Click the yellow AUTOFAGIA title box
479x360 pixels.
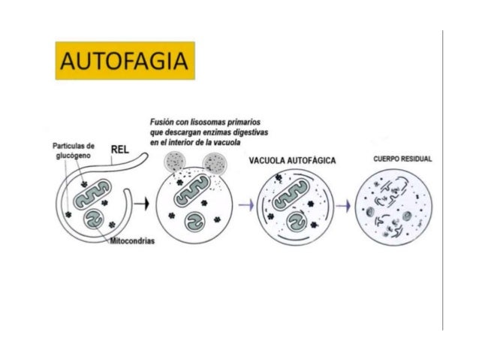pyautogui.click(x=125, y=60)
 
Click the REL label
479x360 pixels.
pyautogui.click(x=120, y=148)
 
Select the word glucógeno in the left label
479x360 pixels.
pyautogui.click(x=74, y=155)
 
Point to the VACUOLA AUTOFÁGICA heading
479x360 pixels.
pyautogui.click(x=291, y=161)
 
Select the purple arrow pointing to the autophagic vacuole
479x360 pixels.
pyautogui.click(x=245, y=204)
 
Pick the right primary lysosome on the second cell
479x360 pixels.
pyautogui.click(x=215, y=162)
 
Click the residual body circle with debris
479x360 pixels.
pyautogui.click(x=396, y=205)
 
